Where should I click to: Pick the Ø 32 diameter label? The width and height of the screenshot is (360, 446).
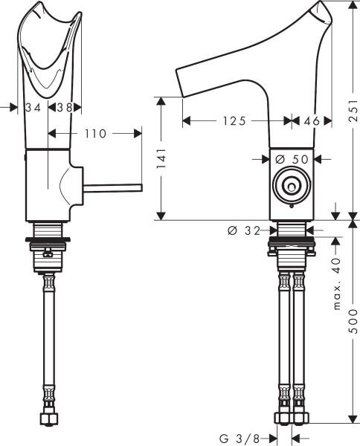[242, 230]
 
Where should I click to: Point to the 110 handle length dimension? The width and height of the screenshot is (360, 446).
[94, 133]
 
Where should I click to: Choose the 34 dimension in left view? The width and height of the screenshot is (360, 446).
[33, 107]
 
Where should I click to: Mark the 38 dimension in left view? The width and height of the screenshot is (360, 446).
[65, 107]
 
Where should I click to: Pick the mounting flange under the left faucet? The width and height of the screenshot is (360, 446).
[48, 239]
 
